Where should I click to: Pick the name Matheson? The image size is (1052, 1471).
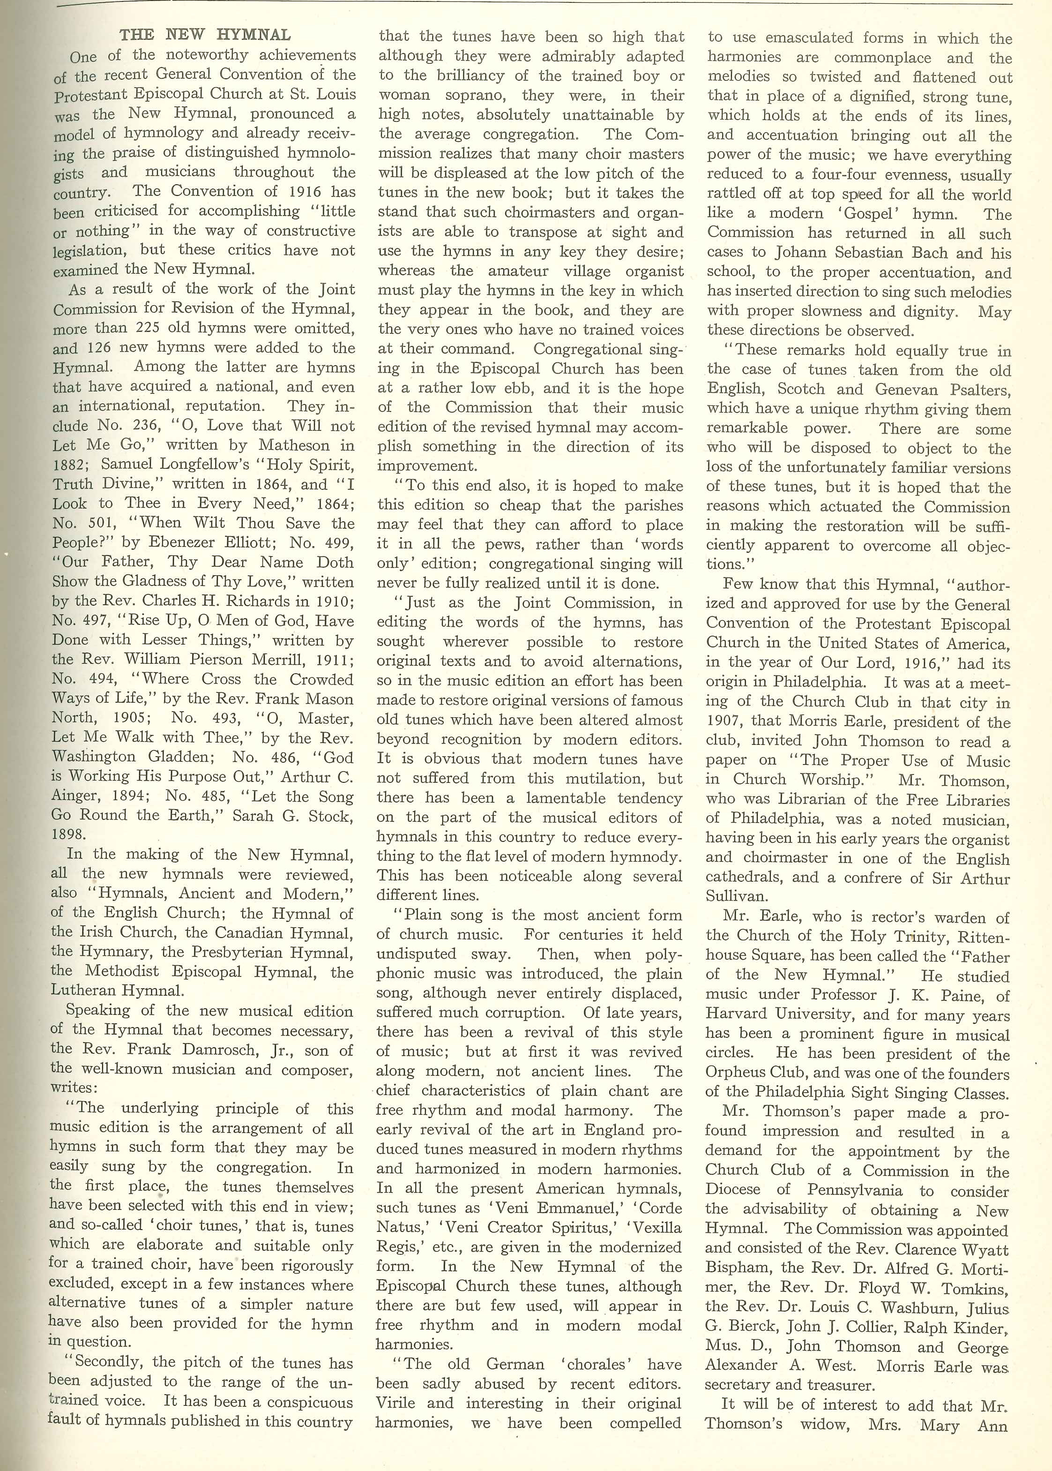(x=295, y=445)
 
